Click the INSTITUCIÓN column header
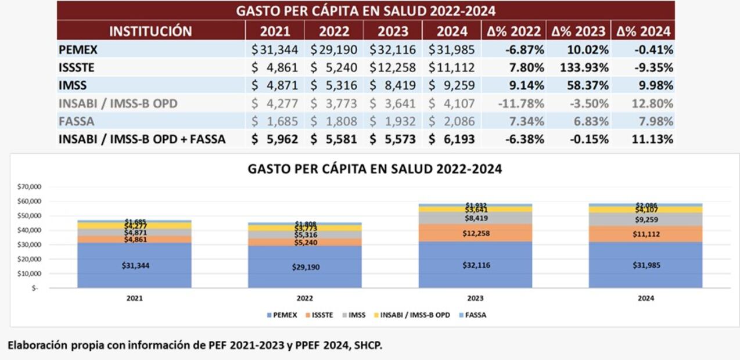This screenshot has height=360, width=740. tap(150, 31)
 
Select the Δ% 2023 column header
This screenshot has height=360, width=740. tap(578, 31)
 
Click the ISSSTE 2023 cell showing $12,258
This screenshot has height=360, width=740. tap(393, 68)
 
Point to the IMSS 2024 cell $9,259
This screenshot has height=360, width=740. tap(452, 86)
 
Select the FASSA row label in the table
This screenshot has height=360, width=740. tap(76, 122)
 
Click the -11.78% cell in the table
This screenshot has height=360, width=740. tap(520, 104)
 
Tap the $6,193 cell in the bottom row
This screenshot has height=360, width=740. tap(452, 140)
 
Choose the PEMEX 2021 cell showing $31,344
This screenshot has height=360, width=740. tap(275, 50)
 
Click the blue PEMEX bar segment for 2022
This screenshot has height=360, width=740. tap(304, 267)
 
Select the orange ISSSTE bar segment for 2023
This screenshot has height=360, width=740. tap(475, 233)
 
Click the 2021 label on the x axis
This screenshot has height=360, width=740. tap(134, 298)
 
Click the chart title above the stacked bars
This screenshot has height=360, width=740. tap(375, 170)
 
